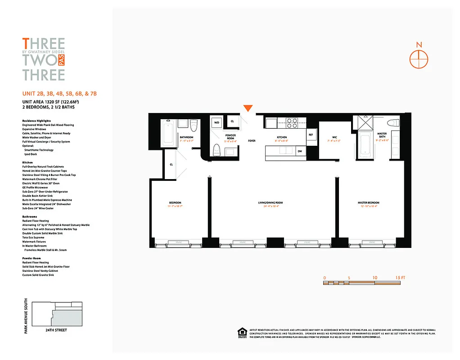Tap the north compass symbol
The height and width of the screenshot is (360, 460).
coord(419,58)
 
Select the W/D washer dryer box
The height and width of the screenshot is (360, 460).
coord(216,122)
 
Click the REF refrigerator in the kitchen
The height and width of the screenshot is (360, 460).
coord(311,135)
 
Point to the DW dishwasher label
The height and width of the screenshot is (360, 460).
coord(300,151)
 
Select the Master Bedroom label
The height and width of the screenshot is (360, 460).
coord(368,203)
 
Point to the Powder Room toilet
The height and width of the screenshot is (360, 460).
coord(216,148)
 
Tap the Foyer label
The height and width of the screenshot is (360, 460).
coord(252,141)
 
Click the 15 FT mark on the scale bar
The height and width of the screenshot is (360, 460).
coord(400,278)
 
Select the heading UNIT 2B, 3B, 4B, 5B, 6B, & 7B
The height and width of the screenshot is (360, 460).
coord(60,94)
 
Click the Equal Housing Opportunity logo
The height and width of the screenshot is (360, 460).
coord(242,332)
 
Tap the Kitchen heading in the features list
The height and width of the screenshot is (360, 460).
coord(28,162)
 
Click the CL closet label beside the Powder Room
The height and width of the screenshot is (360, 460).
coord(232,121)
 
